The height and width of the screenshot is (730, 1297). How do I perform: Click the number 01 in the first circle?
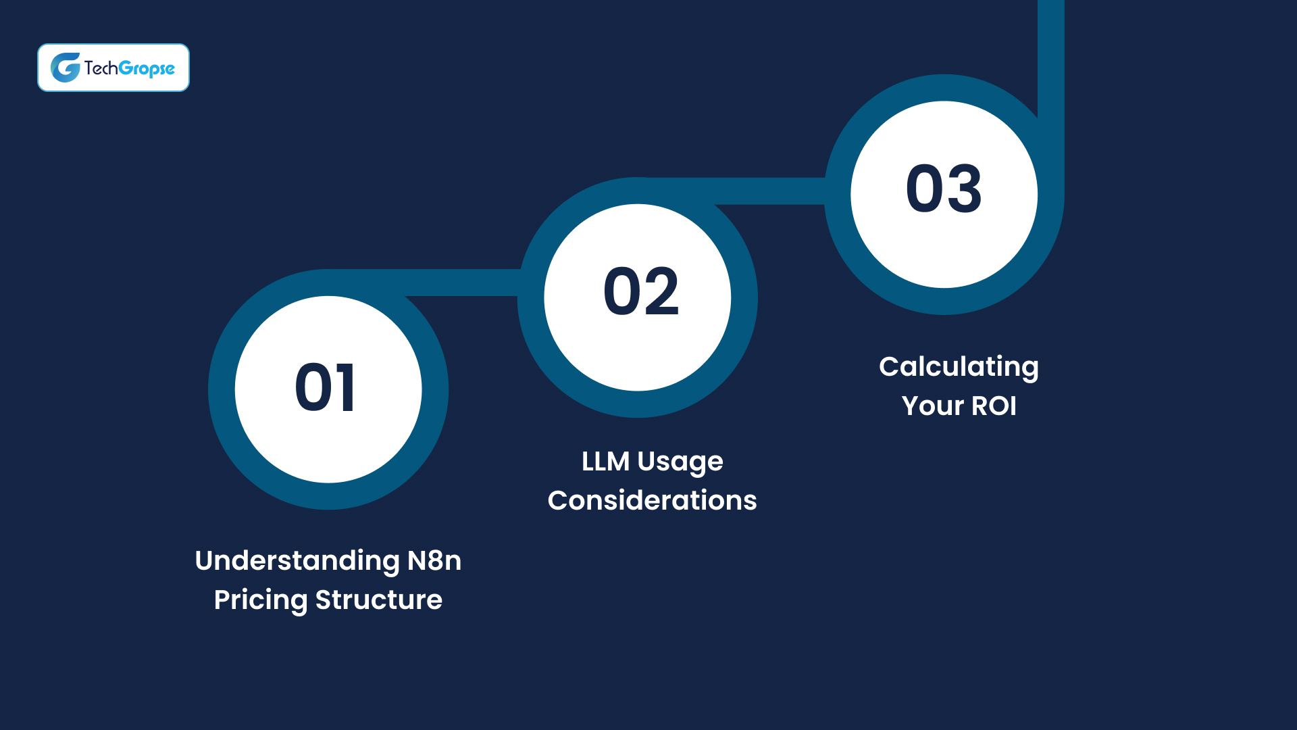click(325, 387)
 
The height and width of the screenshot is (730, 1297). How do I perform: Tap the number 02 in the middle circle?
click(640, 291)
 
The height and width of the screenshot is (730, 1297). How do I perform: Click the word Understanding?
click(297, 562)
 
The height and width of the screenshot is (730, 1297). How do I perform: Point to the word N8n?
click(434, 560)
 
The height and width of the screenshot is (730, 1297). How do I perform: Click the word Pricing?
click(261, 600)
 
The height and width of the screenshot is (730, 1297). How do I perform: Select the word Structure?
click(379, 600)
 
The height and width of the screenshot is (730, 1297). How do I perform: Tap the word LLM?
click(605, 462)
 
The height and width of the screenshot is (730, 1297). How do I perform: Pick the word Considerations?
click(652, 501)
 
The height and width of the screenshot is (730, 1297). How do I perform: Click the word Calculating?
click(959, 368)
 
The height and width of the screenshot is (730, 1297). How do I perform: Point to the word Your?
click(933, 406)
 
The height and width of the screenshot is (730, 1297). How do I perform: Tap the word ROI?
click(994, 406)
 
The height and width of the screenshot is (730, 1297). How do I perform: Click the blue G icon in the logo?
click(66, 68)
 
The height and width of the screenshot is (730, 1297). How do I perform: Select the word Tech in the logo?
click(101, 68)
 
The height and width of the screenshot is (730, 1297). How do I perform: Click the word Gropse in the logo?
click(147, 69)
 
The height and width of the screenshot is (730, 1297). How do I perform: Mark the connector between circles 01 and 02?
click(466, 283)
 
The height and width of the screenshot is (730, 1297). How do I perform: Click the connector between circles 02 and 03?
click(770, 191)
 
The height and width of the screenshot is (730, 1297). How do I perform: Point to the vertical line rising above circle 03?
click(1050, 54)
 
